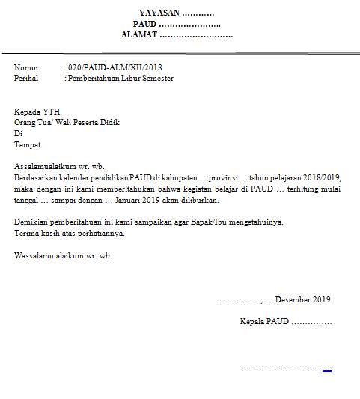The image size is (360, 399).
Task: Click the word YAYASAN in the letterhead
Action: coord(159,13)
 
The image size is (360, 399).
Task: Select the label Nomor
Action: coord(26,68)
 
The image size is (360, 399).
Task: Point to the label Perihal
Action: coord(27,78)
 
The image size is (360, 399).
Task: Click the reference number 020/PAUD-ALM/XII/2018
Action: coord(115,68)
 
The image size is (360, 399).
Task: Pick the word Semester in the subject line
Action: coord(156,78)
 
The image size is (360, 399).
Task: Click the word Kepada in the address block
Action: coord(28,111)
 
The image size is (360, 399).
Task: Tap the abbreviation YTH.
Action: coord(54,111)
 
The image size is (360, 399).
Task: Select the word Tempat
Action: coord(28,144)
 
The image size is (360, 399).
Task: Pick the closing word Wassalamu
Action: coord(34,255)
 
